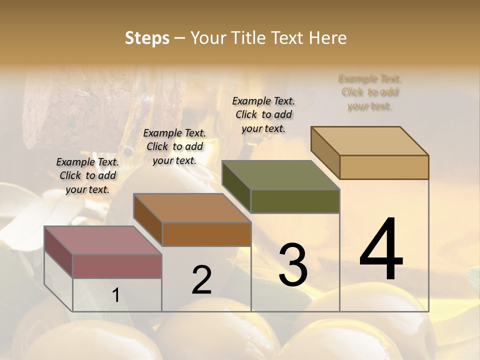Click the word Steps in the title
coord(147,38)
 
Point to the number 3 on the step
coord(293,265)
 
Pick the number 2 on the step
coord(201,280)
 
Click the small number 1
coord(115,295)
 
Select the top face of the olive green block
coord(280,175)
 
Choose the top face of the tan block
coord(369,141)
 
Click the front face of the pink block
coord(117,266)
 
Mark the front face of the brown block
coord(206,234)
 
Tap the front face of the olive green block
coord(295,201)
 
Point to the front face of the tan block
coord(384,167)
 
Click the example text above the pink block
coord(87,175)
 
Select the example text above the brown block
coord(174,146)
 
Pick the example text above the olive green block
coord(263,114)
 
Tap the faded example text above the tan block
coord(370,92)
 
